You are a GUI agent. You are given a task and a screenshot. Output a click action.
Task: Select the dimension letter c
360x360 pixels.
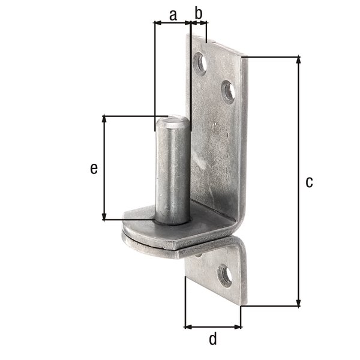coord(309,182)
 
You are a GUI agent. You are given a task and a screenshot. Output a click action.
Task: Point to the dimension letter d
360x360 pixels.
coord(212,340)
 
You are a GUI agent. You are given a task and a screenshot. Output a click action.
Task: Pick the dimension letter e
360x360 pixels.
coord(94,169)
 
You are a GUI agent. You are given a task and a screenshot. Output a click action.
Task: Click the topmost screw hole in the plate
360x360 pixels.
coord(200,62)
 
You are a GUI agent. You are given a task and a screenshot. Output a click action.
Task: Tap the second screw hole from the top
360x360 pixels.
coord(228,92)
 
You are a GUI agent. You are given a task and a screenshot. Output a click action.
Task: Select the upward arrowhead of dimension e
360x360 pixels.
coord(106,119)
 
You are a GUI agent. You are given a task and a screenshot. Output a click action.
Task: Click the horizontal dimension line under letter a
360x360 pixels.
coord(173,23)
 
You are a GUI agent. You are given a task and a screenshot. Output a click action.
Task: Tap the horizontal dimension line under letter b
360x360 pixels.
coord(199,23)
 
